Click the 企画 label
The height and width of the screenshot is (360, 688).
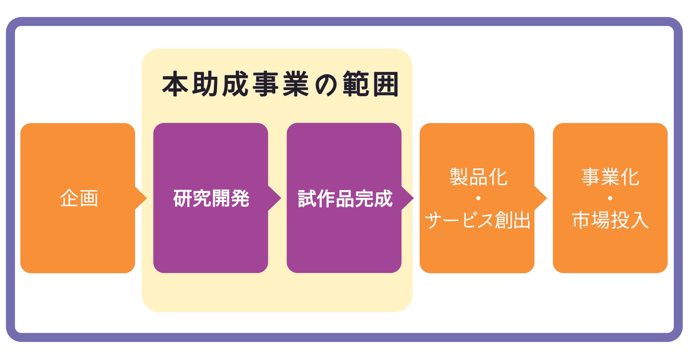pos(79,198)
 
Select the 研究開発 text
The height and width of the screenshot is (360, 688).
pos(211,198)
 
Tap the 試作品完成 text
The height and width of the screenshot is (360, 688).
pos(345,198)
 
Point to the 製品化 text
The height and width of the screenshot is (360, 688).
pos(478,177)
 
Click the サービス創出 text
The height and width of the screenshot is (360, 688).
pos(478,220)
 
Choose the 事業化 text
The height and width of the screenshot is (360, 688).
pos(610,177)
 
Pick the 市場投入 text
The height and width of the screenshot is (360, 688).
pos(610,220)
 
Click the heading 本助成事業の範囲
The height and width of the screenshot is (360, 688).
pos(280,84)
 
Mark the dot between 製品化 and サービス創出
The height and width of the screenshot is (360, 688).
pos(478,198)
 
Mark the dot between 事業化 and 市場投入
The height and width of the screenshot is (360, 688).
pos(610,198)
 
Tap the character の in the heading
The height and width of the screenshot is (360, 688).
pos(326,85)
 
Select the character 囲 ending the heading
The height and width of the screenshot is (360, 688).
pos(386,84)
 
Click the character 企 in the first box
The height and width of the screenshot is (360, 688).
pos(70,198)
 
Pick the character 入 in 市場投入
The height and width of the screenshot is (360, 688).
pos(639,220)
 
